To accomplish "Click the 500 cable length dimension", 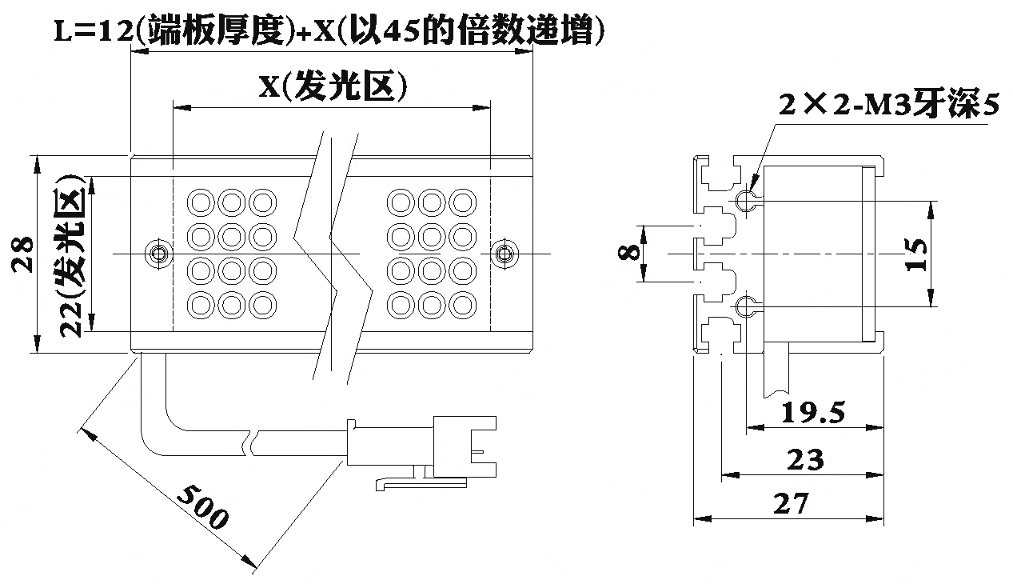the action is click(202, 506).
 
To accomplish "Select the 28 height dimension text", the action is click(22, 254).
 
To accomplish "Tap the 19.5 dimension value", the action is click(813, 413).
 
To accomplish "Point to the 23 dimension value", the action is click(805, 460).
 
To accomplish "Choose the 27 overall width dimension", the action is click(791, 503).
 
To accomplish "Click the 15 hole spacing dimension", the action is click(915, 254).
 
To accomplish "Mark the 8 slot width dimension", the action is click(629, 253).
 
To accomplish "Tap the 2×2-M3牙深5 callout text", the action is click(889, 105).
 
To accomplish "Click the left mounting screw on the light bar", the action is click(158, 254).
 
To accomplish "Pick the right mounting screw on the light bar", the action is click(505, 254).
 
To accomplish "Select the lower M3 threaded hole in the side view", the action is click(745, 306).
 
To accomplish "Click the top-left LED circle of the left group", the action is click(201, 202).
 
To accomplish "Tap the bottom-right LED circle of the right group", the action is click(463, 305).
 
